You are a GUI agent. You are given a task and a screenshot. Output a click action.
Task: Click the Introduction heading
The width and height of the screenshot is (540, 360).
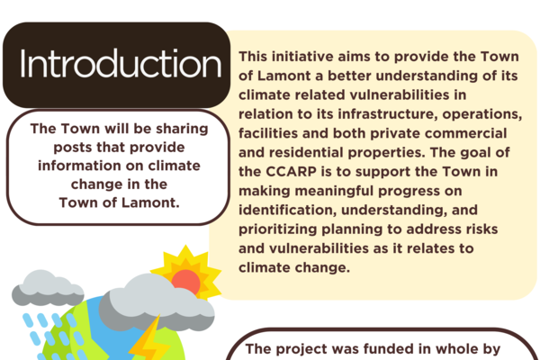[x=121, y=64]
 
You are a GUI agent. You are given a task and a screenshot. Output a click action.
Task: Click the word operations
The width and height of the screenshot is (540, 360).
[x=482, y=114]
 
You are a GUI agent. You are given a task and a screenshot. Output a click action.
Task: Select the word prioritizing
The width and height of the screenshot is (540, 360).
[x=277, y=229]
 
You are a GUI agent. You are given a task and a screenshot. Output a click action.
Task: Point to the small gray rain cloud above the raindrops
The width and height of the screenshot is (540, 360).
[x=48, y=288]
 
